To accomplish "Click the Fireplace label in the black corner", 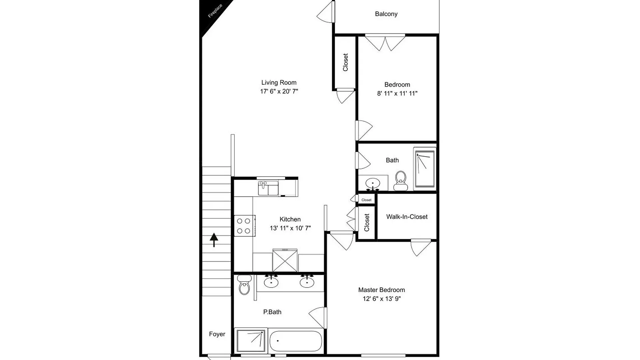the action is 215,11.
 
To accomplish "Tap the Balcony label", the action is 386,14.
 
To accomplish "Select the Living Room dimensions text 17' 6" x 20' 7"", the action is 279,91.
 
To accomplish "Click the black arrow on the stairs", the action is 214,240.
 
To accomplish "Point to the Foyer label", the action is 217,334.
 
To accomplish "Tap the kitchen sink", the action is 268,188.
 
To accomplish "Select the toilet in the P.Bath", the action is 245,285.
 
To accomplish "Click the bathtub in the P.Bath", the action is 296,341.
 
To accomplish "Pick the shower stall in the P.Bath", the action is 251,341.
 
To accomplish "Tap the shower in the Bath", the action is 425,169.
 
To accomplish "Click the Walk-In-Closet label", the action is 407,217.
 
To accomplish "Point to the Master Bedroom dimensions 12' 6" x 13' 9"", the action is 382,299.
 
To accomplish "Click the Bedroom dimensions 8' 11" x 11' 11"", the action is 397,93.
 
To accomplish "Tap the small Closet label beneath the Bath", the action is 366,200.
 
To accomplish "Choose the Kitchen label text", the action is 290,219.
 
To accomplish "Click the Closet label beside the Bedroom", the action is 345,62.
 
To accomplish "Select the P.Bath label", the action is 272,312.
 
